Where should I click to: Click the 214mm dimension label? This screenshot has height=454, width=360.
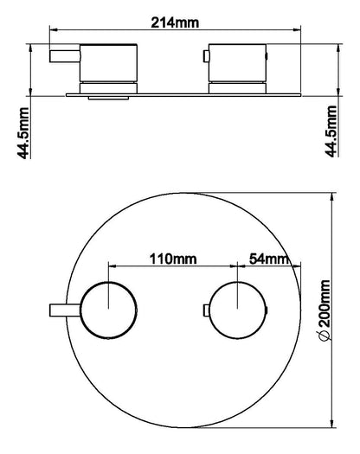(x=175, y=22)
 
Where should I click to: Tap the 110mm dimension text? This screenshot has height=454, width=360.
(x=173, y=259)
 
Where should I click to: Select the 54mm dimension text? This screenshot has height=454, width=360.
(x=269, y=259)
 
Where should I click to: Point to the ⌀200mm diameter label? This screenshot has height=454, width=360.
(x=324, y=310)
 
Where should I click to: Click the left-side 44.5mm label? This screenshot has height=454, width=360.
(x=23, y=133)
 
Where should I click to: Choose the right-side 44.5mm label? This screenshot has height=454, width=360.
(x=331, y=131)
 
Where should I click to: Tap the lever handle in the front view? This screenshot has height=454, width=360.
(x=65, y=310)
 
